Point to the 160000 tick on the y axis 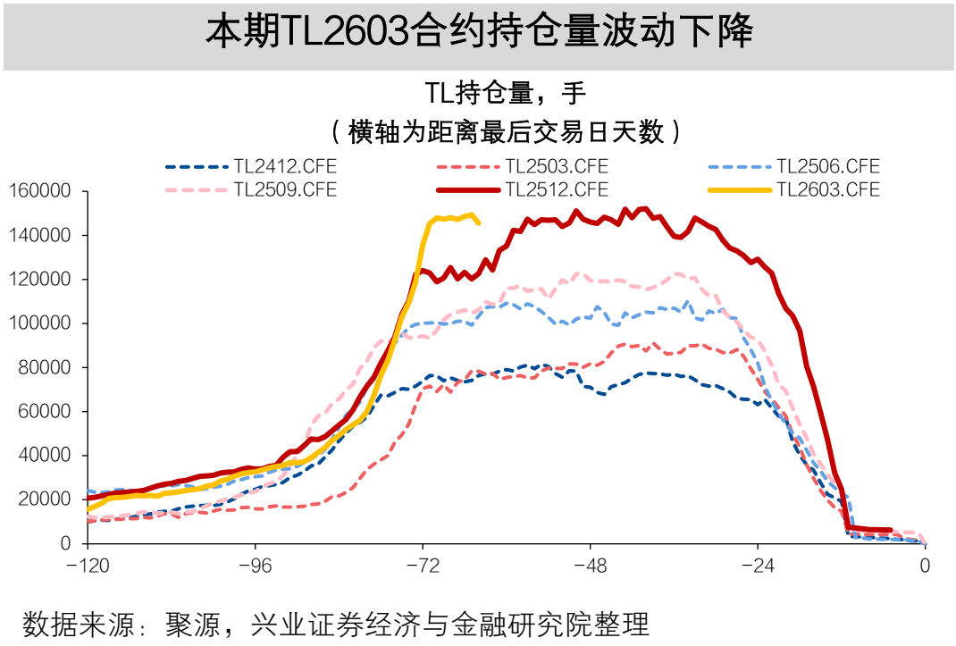(x=39, y=191)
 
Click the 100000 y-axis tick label (x=39, y=323)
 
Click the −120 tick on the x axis (x=88, y=565)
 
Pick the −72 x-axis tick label (x=423, y=565)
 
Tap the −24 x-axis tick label (x=758, y=565)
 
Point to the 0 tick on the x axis (x=926, y=565)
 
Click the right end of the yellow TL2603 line (x=479, y=222)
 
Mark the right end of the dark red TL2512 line (x=890, y=531)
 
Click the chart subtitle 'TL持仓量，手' (x=505, y=93)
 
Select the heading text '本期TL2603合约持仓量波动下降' (x=479, y=33)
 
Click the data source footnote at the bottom (x=335, y=624)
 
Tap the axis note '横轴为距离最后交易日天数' (x=506, y=131)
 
